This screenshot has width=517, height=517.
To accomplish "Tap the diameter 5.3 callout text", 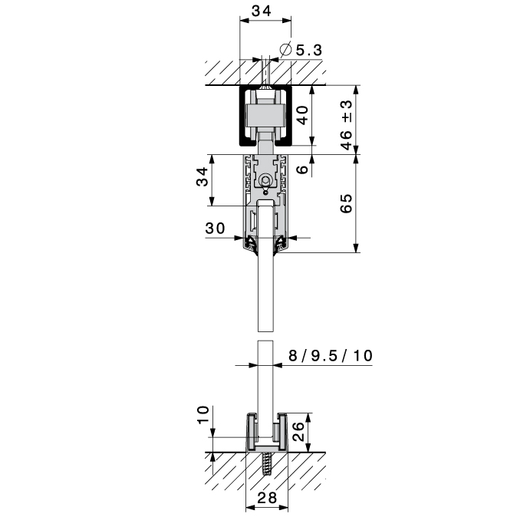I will tap(307, 51).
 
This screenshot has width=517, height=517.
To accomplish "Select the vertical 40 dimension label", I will tap(302, 117).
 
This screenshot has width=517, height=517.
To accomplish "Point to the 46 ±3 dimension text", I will tap(346, 123).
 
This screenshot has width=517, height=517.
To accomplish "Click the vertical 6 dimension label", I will tap(302, 170).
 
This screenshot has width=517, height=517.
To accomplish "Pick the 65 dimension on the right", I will tap(346, 204).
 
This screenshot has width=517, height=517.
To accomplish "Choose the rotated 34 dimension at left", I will tap(202, 178).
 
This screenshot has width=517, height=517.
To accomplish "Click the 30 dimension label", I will tap(215, 228).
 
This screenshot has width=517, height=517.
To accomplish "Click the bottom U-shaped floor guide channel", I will tap(265, 434).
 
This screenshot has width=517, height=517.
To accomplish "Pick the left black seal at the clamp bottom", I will tap(250, 244).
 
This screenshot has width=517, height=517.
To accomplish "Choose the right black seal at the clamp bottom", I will tap(281, 244).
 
